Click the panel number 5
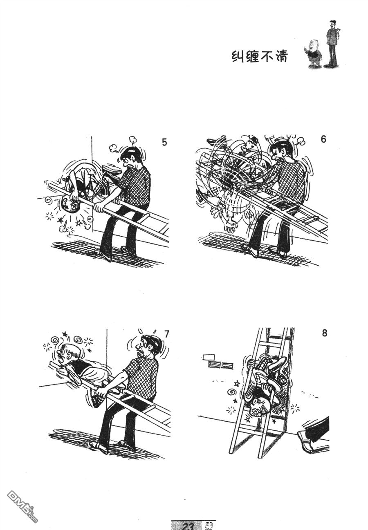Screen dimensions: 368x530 pos(164,143)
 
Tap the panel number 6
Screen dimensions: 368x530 pos(323,139)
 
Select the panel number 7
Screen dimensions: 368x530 pos(166,334)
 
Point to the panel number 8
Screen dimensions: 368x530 pos(324,333)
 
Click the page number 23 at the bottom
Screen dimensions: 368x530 pos(188,526)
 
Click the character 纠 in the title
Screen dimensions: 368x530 pos(238,57)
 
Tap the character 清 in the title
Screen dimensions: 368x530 pos(281,57)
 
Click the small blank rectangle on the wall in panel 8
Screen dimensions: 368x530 pos(209,357)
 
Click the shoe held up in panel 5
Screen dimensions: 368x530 pos(112,170)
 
